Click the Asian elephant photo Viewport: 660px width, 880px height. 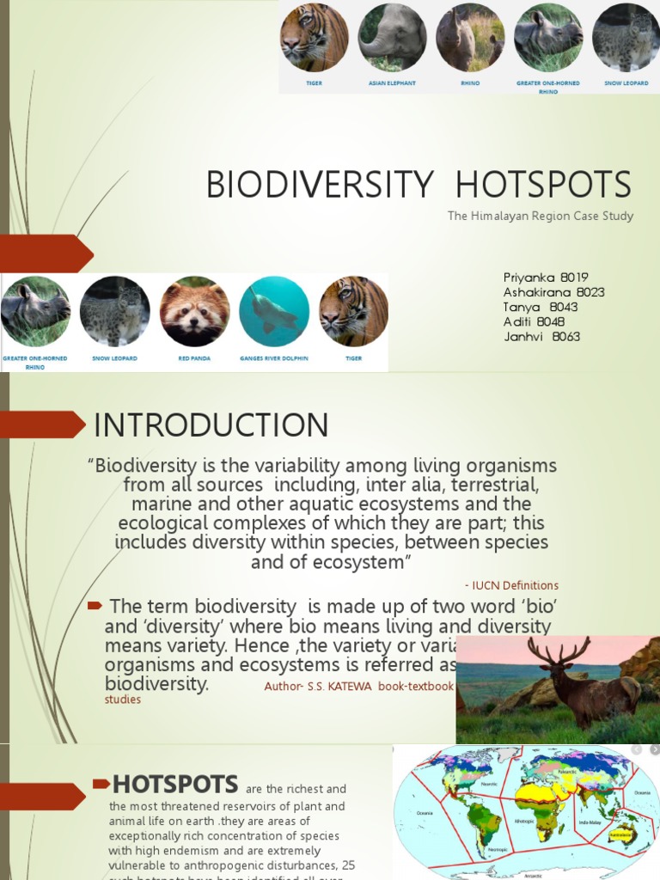393,37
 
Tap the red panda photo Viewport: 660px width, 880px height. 194,311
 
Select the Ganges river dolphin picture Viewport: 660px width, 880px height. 274,311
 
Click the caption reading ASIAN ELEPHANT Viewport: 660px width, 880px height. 392,83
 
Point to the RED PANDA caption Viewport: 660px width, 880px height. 194,357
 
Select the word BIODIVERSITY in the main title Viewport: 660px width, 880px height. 320,185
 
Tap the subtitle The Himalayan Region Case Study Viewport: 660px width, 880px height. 540,216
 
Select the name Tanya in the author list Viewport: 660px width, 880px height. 522,307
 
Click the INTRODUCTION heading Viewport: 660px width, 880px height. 211,425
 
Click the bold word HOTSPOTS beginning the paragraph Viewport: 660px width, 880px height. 175,784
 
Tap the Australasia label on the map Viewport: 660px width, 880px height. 621,834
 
